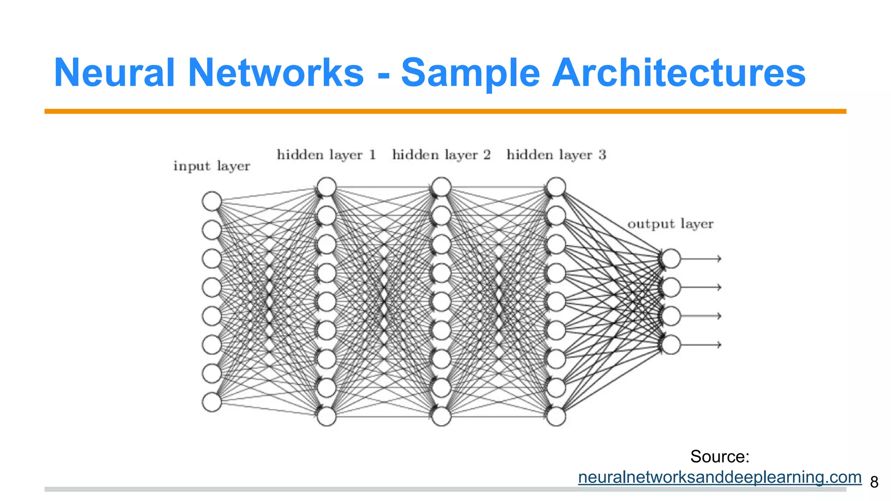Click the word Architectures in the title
coord(679,73)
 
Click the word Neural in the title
coord(114,73)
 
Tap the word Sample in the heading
coord(470,73)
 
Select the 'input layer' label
coord(211,166)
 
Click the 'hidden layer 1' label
coord(326,155)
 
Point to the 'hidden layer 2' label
coord(441,155)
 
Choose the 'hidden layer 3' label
coord(556,155)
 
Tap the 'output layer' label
coord(670,224)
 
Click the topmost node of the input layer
coord(212,201)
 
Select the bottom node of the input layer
coord(212,402)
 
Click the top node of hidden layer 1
coord(326,187)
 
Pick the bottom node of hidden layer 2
coord(441,416)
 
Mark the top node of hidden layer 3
coord(556,187)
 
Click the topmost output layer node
coord(671,258)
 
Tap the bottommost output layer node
coord(671,344)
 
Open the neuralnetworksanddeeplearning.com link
coord(720,477)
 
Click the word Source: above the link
coord(720,457)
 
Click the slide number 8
coord(874,482)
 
